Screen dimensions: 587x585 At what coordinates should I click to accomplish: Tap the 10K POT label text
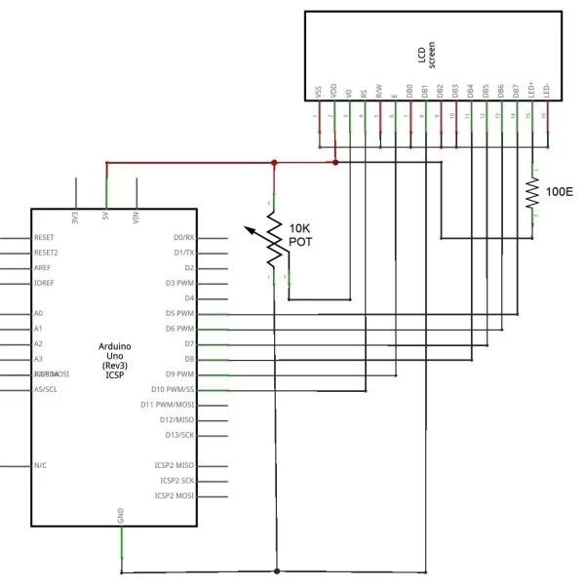tap(299, 234)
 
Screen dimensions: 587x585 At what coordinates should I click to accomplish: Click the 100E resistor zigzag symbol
tap(532, 198)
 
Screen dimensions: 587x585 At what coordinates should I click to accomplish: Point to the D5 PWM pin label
tap(180, 314)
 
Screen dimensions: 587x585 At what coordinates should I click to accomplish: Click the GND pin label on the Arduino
tap(121, 516)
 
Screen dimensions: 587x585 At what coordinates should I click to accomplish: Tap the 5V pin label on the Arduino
tap(105, 217)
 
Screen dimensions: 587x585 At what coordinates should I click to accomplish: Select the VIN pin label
tap(136, 216)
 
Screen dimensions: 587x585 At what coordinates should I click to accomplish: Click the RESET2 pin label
tap(47, 253)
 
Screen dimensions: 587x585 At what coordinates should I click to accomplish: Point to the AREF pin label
tap(43, 267)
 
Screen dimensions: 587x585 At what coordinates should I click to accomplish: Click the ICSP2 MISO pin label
tap(175, 466)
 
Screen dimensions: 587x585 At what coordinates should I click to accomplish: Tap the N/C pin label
tap(41, 466)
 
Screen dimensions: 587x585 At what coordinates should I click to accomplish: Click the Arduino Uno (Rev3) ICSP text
tap(120, 361)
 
